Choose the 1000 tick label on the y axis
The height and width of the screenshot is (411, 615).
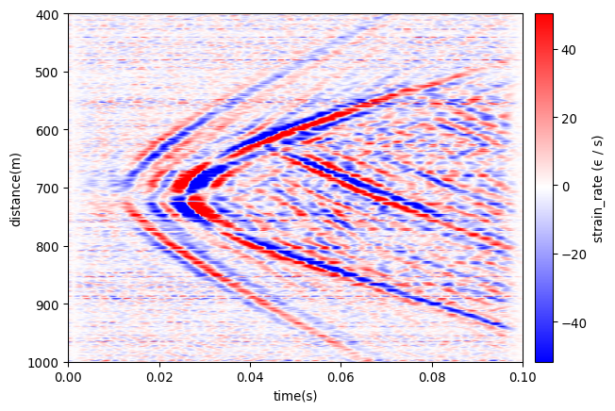(x=44, y=362)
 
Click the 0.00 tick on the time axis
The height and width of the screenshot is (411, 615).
(x=69, y=378)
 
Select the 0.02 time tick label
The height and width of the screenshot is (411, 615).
(x=159, y=378)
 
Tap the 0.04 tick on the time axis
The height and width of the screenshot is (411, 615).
(x=250, y=378)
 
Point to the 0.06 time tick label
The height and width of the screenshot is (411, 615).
(x=341, y=378)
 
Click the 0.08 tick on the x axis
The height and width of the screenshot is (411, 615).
(x=432, y=378)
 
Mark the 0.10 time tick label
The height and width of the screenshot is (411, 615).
(x=523, y=378)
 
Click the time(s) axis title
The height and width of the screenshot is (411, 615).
(x=295, y=396)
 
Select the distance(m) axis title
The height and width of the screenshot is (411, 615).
(x=15, y=189)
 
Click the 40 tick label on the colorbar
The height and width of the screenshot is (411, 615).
(x=570, y=51)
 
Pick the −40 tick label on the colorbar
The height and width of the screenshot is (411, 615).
(x=573, y=322)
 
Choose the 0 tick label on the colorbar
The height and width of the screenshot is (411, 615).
(x=566, y=187)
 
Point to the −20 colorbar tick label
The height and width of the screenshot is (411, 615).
(x=573, y=255)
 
